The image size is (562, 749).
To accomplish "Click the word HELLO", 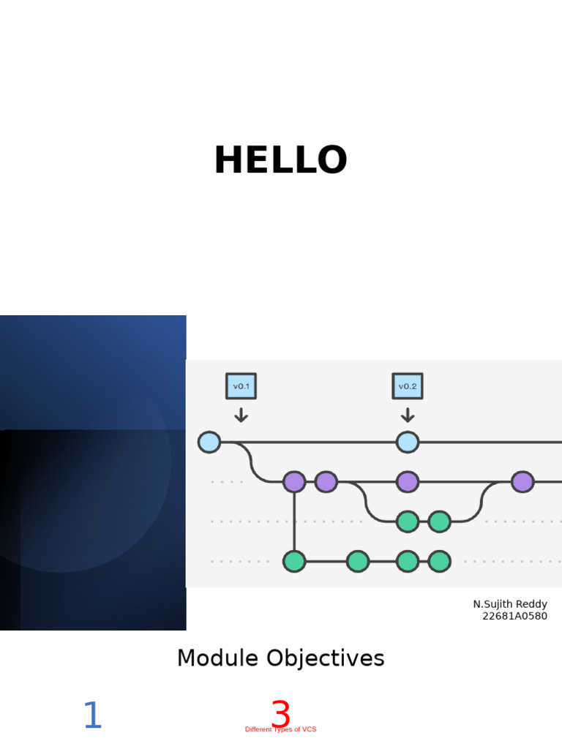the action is pos(280,161).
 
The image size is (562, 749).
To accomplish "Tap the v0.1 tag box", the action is pos(241,386).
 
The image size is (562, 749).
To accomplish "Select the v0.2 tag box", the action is pos(408,386).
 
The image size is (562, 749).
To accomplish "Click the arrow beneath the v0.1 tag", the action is pos(241,415).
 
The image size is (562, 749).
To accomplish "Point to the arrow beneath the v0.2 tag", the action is pos(408,415).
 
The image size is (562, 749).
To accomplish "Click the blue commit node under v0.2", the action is pos(408,442).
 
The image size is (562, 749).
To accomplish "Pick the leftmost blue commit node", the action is pos(209,442).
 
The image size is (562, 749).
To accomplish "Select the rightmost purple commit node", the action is pos(522,482).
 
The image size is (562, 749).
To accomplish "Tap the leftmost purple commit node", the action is pos(294,482).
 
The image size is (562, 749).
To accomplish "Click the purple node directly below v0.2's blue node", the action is pos(408,482).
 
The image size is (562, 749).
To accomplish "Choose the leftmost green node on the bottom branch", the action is pos(294,561).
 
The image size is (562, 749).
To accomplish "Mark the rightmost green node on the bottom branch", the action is pos(439,561).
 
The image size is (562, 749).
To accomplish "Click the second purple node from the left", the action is pos(326,482).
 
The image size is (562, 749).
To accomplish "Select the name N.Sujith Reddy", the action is pos(510,604).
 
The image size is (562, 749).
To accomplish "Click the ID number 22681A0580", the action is pos(514,616).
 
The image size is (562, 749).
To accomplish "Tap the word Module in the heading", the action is pos(217,658).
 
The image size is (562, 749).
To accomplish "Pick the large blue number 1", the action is pos(92,716).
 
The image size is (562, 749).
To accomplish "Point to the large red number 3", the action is pos(280,713).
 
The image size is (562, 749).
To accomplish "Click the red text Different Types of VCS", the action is pos(280,730).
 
